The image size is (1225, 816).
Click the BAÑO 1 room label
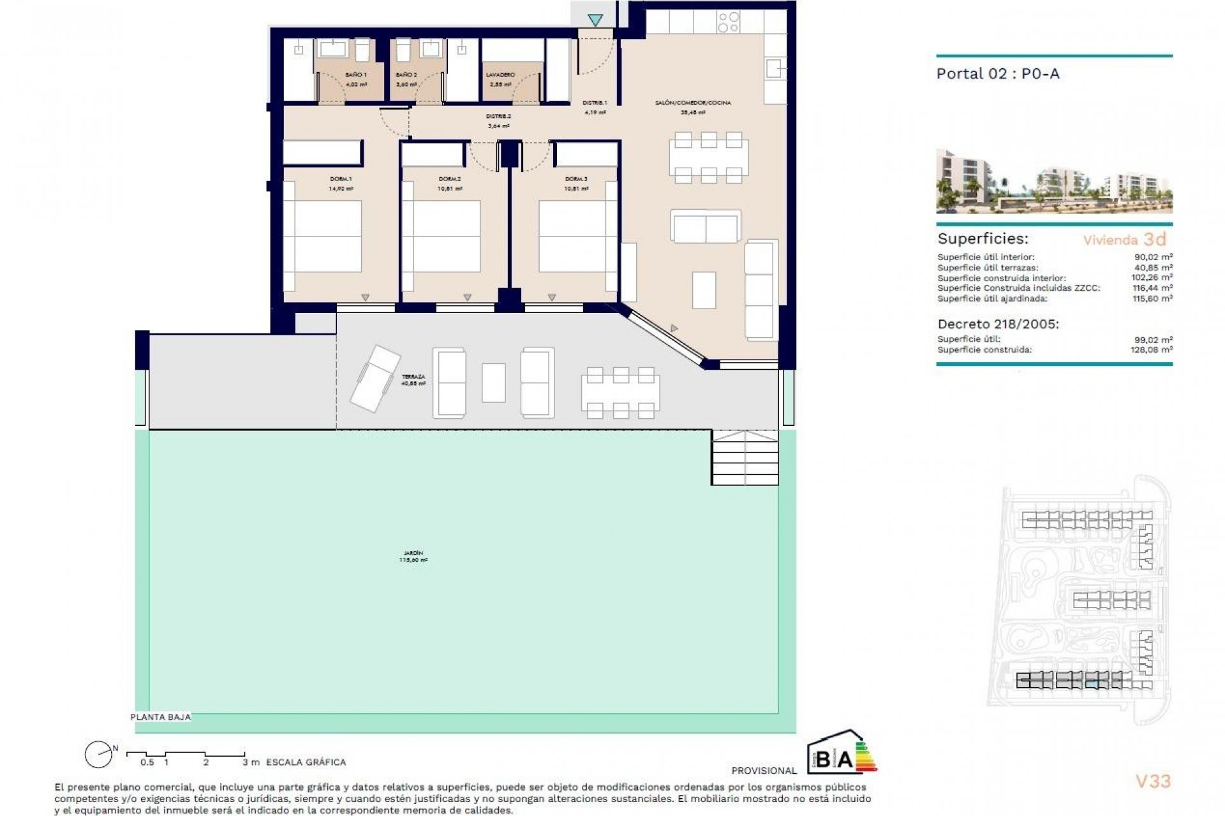click(x=355, y=75)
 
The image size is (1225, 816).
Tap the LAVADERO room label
click(x=500, y=75)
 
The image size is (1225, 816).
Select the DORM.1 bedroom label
click(x=341, y=179)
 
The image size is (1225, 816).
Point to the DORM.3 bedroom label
click(x=575, y=179)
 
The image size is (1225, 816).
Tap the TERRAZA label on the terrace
click(x=413, y=377)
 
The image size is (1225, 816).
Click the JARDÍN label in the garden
click(x=413, y=553)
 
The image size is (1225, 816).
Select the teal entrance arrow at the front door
click(x=595, y=20)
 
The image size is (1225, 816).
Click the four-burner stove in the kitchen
click(x=728, y=22)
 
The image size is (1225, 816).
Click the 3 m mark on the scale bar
click(x=250, y=762)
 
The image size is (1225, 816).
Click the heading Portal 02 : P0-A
click(x=997, y=74)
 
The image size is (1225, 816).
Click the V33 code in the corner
click(x=1153, y=781)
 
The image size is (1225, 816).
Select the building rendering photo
click(x=1053, y=181)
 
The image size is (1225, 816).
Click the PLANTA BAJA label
click(x=160, y=717)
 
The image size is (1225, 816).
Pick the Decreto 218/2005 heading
click(x=998, y=324)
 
